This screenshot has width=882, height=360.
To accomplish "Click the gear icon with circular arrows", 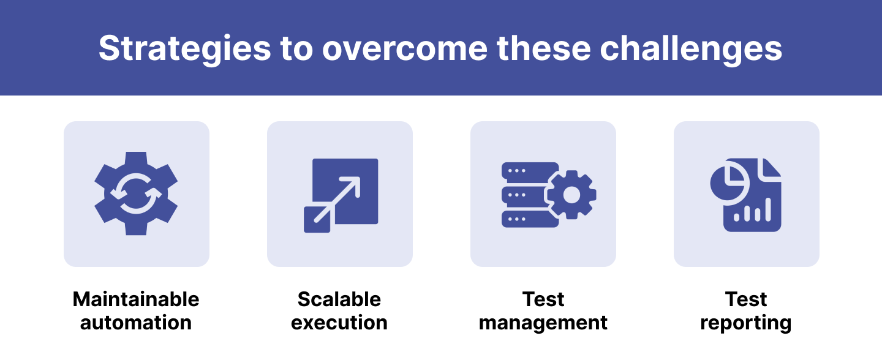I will pyautogui.click(x=136, y=193).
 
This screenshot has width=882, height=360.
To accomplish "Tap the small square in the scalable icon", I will pyautogui.click(x=317, y=220).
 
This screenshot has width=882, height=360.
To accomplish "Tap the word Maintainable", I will pyautogui.click(x=136, y=299).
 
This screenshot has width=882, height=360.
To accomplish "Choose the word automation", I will pyautogui.click(x=136, y=323).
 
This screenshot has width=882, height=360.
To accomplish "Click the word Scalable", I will pyautogui.click(x=339, y=299).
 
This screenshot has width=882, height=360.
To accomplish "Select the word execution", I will pyautogui.click(x=339, y=323).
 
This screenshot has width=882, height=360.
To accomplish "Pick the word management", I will pyautogui.click(x=543, y=323).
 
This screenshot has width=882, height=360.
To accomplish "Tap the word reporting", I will pyautogui.click(x=746, y=323).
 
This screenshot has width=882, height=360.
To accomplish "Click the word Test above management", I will pyautogui.click(x=543, y=299).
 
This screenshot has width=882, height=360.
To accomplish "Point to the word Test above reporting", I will pyautogui.click(x=746, y=299).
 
